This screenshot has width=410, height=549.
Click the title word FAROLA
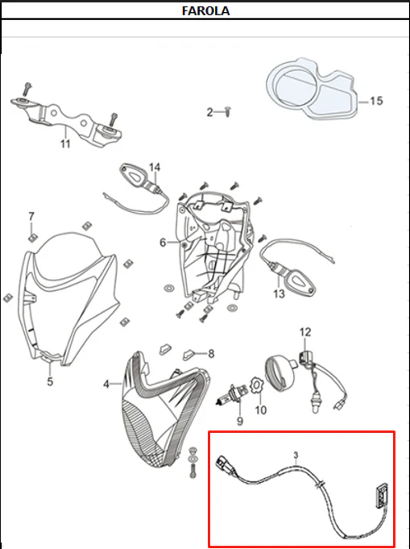tap(205, 10)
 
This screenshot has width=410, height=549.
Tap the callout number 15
tap(376, 102)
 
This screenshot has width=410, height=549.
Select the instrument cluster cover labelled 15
tap(313, 89)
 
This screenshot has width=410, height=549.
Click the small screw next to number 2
tap(228, 112)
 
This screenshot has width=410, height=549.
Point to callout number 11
tap(65, 143)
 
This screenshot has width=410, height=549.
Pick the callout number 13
tap(280, 293)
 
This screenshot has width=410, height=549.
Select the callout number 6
tap(163, 243)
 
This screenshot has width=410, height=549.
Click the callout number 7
tap(31, 216)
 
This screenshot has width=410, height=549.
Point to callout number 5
tap(50, 381)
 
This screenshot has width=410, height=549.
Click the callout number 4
tap(106, 385)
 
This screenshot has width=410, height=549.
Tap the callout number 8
tap(211, 354)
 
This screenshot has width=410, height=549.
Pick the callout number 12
tap(305, 332)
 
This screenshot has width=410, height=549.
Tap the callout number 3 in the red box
tap(296, 455)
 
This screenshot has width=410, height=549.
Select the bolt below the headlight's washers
tap(193, 470)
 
